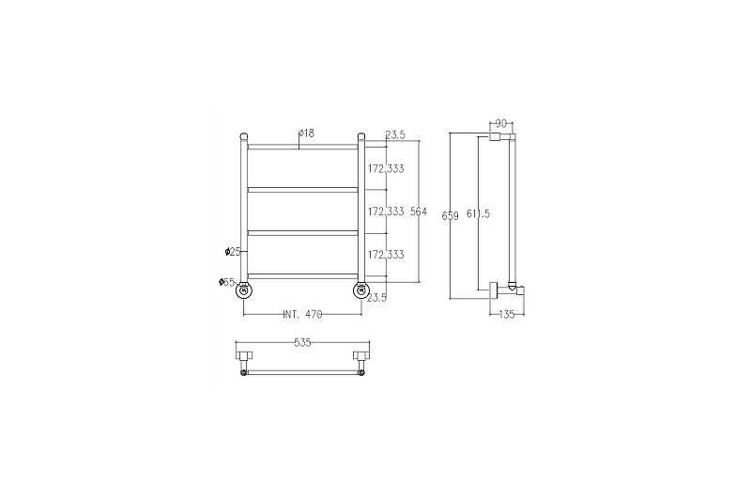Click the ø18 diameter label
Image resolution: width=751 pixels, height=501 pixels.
tap(306, 133)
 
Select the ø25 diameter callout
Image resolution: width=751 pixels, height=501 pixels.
tap(233, 252)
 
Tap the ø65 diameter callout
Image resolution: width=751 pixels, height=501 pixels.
tap(226, 282)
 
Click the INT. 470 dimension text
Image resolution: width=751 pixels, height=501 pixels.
tap(302, 315)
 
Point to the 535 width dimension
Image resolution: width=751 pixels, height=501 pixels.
tap(302, 342)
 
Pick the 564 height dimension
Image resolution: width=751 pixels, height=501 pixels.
tap(419, 211)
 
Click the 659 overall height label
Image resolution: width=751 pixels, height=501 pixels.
tap(451, 216)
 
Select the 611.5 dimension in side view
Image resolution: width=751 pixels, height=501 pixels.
tap(478, 213)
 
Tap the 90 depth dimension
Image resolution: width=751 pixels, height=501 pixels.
tap(500, 123)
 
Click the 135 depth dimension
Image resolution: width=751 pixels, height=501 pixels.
tap(507, 315)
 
